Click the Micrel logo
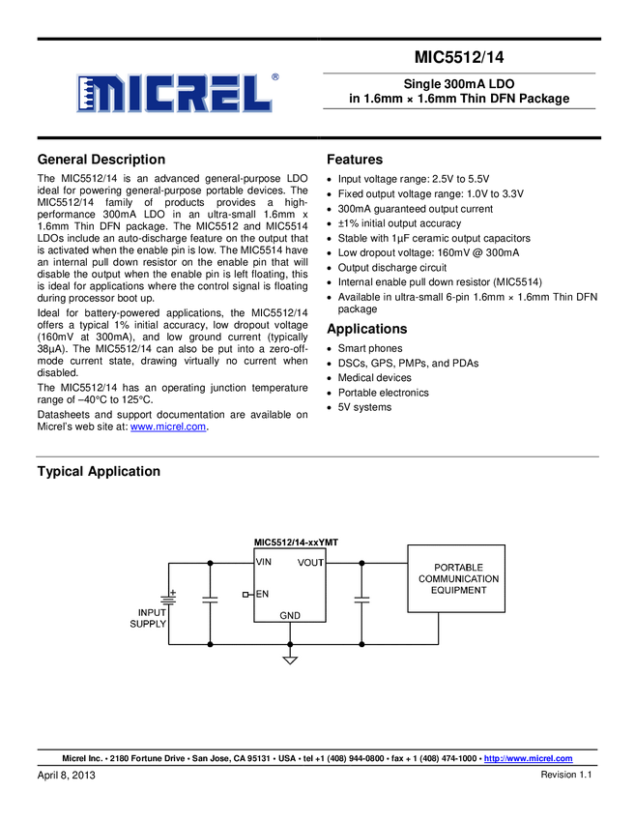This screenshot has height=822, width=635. point(174,93)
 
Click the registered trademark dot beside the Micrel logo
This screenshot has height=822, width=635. point(274,76)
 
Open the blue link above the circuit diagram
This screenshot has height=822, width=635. point(168,426)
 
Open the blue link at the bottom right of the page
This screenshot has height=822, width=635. point(529,757)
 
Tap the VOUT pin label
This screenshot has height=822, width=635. point(310,562)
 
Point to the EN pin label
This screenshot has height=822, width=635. point(262,594)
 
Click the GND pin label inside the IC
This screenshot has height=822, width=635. point(290,615)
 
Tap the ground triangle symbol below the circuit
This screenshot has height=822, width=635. point(290,661)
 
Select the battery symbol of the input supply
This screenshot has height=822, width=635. point(168,600)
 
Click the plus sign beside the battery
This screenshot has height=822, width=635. point(173,592)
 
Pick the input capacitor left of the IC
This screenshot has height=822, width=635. point(210,600)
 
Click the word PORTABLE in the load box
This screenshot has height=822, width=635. point(458,568)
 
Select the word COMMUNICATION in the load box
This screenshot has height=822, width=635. point(458,578)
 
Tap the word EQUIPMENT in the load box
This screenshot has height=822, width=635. point(458,590)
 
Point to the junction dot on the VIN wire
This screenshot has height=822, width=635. point(210,562)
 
